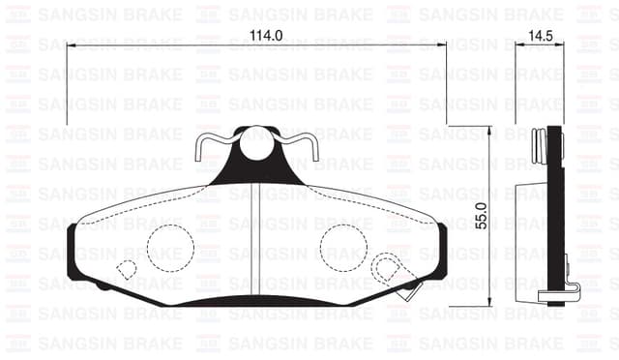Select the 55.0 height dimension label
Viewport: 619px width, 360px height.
coord(481,221)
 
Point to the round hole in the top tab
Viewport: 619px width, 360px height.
coord(257,146)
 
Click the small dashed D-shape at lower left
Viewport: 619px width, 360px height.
coord(126,270)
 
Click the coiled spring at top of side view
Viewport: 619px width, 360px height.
coord(541,144)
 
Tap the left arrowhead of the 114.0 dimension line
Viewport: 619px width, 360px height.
coord(70,45)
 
